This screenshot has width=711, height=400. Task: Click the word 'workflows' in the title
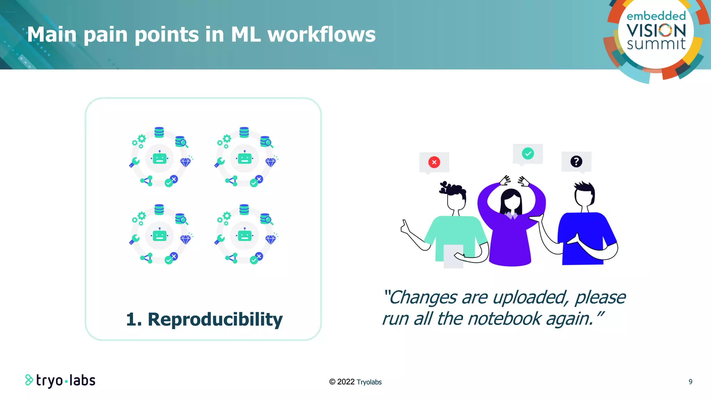(321, 35)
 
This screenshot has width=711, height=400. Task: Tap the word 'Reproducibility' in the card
(215, 319)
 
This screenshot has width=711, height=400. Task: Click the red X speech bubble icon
(434, 162)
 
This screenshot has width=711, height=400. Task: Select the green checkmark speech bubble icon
(528, 153)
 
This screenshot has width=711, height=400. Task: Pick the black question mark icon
(576, 161)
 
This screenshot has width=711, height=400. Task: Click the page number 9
(691, 382)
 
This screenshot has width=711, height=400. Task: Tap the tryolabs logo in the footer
(60, 381)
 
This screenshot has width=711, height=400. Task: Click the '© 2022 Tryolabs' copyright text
(355, 382)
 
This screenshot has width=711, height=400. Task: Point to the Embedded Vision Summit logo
(656, 33)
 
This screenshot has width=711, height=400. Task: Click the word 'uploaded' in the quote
(530, 298)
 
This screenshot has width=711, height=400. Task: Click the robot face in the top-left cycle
(159, 159)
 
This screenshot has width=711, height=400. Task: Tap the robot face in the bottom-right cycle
(244, 236)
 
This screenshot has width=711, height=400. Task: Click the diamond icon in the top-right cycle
(270, 162)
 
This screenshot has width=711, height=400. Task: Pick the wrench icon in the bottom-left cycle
(134, 239)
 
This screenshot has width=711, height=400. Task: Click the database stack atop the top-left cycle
(159, 132)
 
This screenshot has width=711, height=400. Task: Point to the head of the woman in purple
(511, 201)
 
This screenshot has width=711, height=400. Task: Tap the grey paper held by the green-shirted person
(453, 256)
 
